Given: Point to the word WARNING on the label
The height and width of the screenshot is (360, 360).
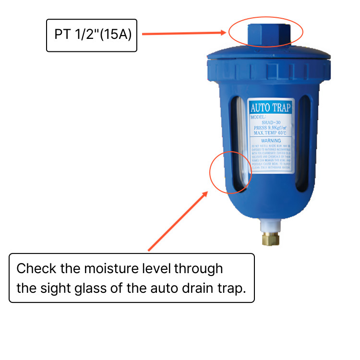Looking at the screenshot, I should [x=271, y=141].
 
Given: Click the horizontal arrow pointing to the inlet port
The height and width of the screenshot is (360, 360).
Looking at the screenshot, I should [x=184, y=34].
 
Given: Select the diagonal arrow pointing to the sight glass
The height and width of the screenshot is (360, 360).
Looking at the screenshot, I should [x=178, y=221].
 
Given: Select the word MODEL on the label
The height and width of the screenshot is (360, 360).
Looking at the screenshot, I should [x=259, y=117].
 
